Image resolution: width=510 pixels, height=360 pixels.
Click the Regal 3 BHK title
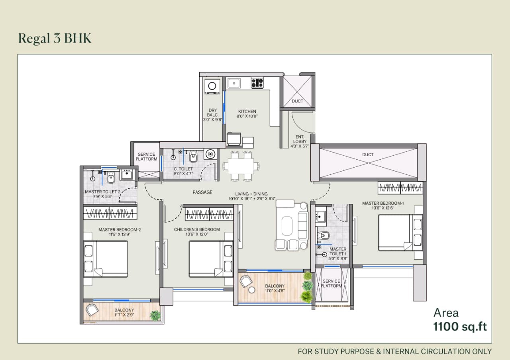55,38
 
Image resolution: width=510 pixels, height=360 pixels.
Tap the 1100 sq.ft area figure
460,327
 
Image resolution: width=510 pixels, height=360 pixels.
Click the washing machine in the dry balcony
212,86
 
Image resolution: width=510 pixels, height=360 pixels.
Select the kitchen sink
234,83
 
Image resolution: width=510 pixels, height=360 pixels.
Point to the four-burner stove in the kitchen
257,82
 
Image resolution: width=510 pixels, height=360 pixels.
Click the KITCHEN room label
247,112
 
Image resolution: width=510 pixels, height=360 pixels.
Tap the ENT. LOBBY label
300,139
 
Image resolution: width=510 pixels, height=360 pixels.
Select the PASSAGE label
202,192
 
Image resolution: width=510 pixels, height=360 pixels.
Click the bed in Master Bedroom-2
106,259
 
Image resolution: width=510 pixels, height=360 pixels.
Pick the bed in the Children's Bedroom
211,259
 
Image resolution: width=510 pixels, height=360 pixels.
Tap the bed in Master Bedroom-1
400,233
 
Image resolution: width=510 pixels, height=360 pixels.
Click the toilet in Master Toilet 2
111,178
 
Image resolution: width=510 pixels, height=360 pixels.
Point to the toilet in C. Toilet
193,156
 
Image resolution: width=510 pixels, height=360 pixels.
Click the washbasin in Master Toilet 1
321,216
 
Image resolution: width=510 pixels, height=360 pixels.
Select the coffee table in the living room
287,226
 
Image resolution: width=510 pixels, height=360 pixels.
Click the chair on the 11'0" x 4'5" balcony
246,282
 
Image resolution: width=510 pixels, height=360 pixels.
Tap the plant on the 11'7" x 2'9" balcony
155,315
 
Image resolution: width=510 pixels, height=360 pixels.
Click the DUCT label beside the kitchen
297,101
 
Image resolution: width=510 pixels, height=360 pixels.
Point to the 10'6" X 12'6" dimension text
383,208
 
